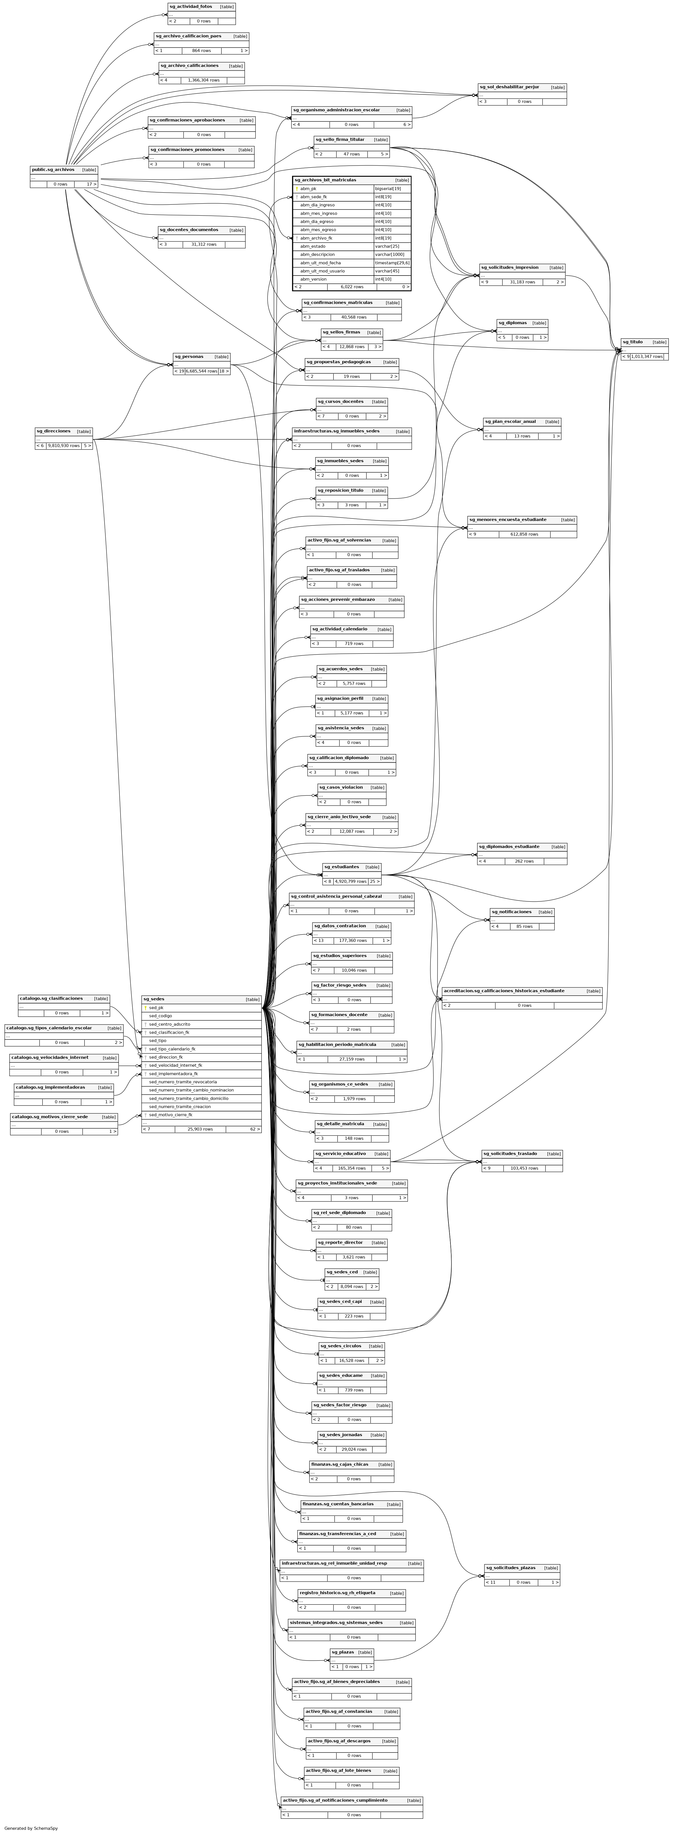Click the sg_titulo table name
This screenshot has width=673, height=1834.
(633, 342)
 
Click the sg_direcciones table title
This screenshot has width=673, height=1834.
(53, 432)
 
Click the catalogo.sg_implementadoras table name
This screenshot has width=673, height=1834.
(51, 1087)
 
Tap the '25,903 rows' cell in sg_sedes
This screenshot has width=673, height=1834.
(200, 1129)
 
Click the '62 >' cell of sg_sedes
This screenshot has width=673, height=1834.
(254, 1129)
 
